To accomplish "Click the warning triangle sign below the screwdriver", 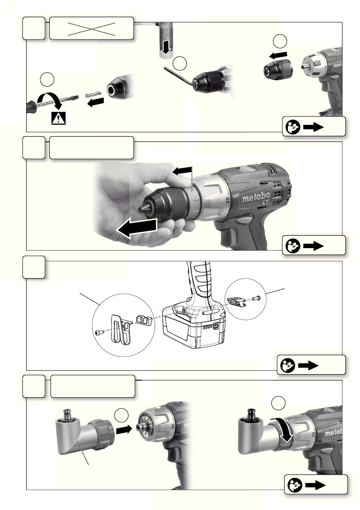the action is pyautogui.click(x=59, y=118).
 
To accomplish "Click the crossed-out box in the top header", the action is pyautogui.click(x=91, y=29).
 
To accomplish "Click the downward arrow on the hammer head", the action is pyautogui.click(x=166, y=48).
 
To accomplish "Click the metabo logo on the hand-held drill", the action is pyautogui.click(x=256, y=198).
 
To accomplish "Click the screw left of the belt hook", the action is pyautogui.click(x=99, y=332).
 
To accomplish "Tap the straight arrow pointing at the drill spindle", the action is pyautogui.click(x=124, y=430).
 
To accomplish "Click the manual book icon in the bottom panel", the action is pyautogui.click(x=294, y=485).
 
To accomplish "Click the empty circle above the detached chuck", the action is pyautogui.click(x=280, y=41).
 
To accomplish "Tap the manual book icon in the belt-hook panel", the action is pyautogui.click(x=288, y=365).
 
